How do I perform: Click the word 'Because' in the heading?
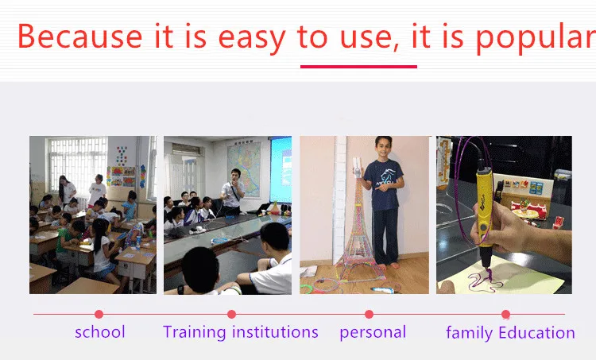tap(79, 36)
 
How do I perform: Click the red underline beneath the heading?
tap(358, 67)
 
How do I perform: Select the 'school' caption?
tap(100, 332)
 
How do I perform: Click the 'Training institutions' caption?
tap(241, 332)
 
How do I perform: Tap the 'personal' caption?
tap(373, 333)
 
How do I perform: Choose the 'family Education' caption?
tap(510, 333)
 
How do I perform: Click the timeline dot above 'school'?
tap(99, 314)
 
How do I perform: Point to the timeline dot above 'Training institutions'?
tap(231, 314)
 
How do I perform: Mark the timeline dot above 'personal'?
tap(369, 314)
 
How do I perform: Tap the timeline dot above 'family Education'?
tap(505, 314)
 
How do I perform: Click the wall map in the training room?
tap(244, 169)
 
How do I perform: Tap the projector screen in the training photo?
tap(281, 169)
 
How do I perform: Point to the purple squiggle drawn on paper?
tap(485, 281)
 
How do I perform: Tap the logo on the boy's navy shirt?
tap(385, 179)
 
